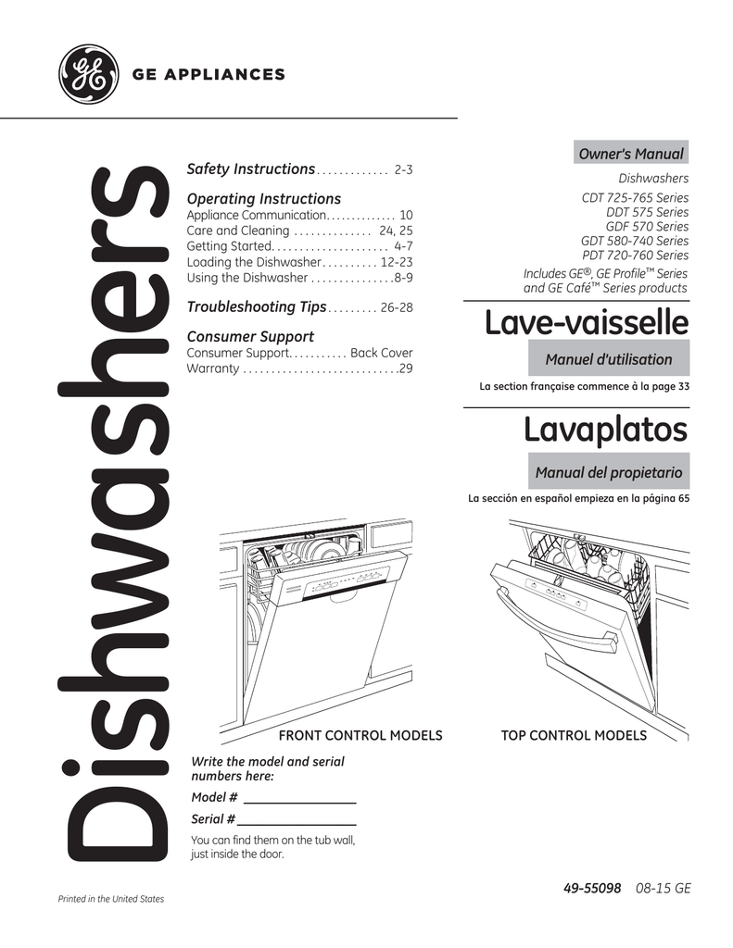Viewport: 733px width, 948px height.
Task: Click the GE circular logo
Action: coord(88,74)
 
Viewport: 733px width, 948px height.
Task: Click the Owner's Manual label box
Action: coord(630,154)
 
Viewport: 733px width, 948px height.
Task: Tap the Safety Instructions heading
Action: coord(251,169)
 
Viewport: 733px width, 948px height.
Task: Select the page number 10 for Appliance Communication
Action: coord(406,215)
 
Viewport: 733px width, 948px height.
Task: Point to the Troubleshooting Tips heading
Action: coord(257,306)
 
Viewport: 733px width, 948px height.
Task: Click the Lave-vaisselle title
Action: coord(587,323)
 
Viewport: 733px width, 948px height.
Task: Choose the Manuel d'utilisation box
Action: coord(609,359)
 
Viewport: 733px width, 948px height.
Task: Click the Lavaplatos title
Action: coord(605,430)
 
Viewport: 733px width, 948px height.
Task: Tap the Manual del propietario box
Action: coord(609,473)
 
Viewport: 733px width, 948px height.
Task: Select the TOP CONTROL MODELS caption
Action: coord(574,735)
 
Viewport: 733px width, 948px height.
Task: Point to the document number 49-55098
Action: coord(592,888)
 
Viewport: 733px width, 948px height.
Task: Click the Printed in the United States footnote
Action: coord(110,899)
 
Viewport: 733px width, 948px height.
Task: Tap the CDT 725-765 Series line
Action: coord(635,198)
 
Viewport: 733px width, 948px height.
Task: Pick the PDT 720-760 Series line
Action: coord(635,255)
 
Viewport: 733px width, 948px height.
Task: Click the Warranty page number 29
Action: coord(405,369)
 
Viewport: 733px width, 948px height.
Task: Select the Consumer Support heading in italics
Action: coord(250,337)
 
